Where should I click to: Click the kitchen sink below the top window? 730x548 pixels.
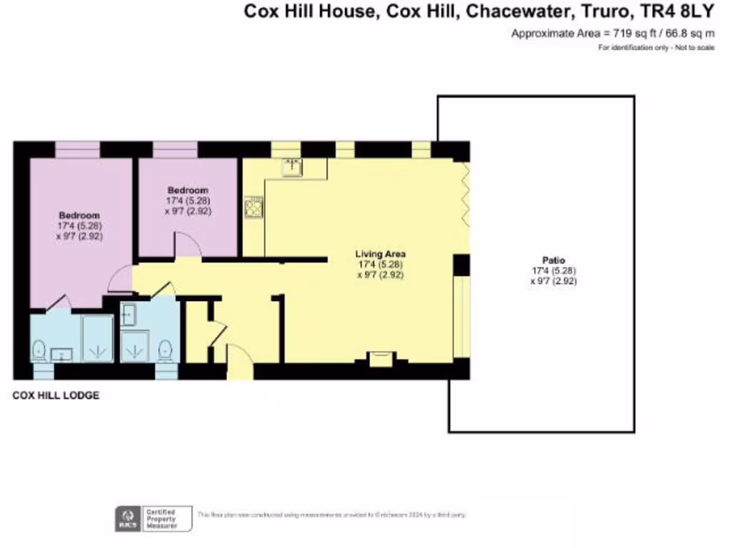pyautogui.click(x=292, y=167)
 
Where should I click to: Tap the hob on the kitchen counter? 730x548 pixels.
pyautogui.click(x=253, y=208)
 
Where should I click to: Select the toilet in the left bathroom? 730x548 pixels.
pyautogui.click(x=39, y=350)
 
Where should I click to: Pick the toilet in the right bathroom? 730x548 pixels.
pyautogui.click(x=165, y=350)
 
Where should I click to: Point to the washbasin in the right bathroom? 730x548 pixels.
pyautogui.click(x=128, y=315)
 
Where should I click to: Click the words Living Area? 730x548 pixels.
pyautogui.click(x=381, y=254)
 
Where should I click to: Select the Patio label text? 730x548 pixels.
pyautogui.click(x=553, y=260)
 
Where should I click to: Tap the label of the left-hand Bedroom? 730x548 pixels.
pyautogui.click(x=79, y=215)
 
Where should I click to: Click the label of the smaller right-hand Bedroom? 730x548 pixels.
pyautogui.click(x=187, y=191)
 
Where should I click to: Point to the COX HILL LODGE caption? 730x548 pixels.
pyautogui.click(x=56, y=395)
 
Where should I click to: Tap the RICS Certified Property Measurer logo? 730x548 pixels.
pyautogui.click(x=154, y=518)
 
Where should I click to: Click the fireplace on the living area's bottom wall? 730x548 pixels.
pyautogui.click(x=381, y=358)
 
